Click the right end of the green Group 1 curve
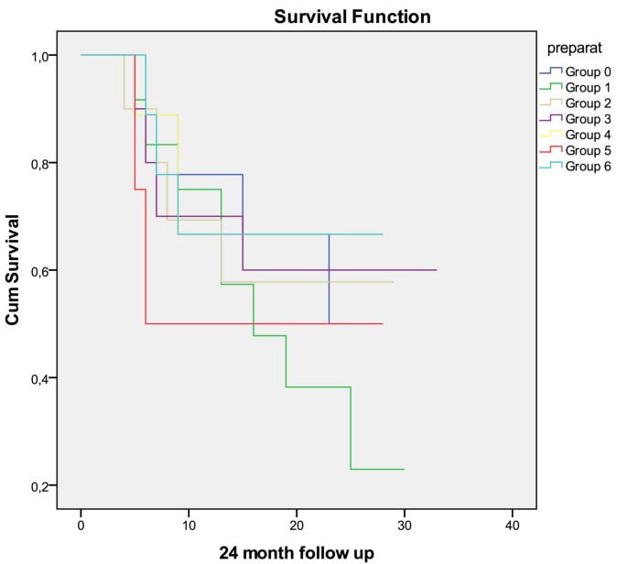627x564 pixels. pos(404,469)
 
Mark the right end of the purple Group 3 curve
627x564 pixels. pos(436,270)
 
